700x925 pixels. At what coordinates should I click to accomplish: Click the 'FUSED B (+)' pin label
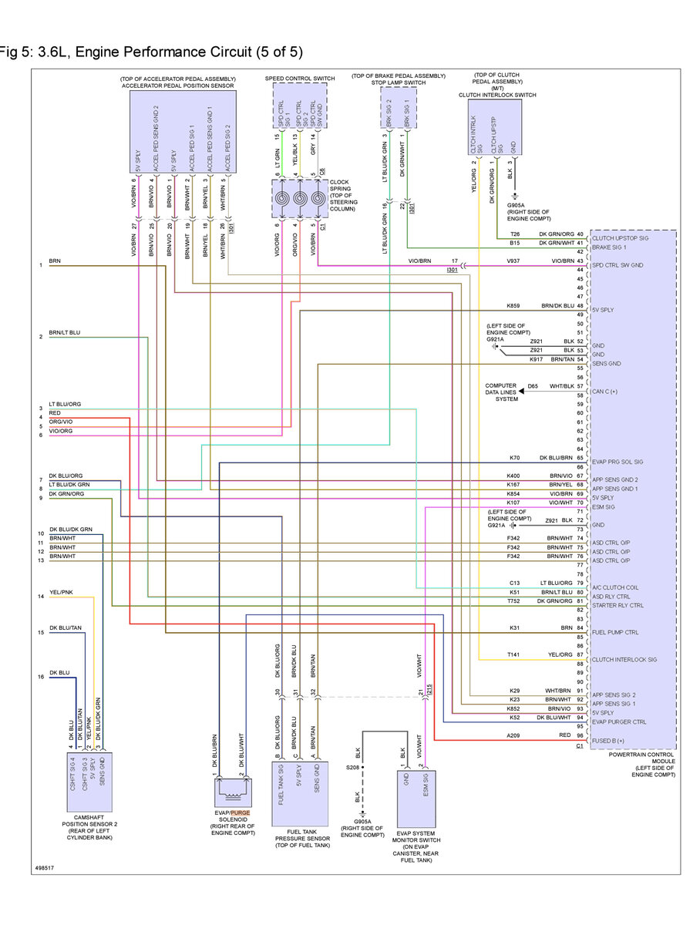[x=607, y=741]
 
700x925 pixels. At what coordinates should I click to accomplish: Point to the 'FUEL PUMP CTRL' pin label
[x=614, y=633]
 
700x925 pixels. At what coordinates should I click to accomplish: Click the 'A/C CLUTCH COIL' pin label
[x=614, y=587]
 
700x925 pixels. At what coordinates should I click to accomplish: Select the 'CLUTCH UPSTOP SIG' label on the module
[x=619, y=239]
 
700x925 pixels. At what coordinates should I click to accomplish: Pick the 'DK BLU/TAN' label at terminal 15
[x=66, y=628]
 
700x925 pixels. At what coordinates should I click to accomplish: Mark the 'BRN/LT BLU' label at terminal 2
[x=65, y=332]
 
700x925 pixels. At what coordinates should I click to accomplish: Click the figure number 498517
[x=45, y=869]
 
